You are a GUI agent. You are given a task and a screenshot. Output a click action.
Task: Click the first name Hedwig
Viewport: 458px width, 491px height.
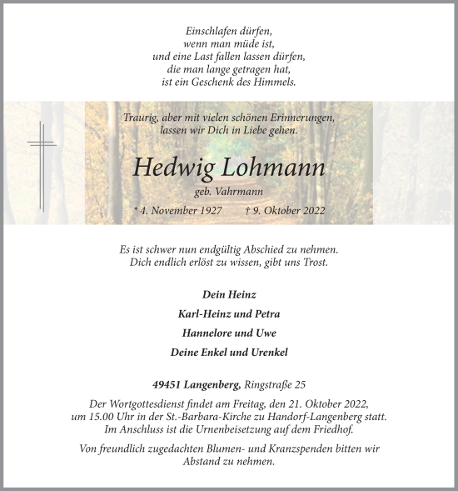[x=173, y=168]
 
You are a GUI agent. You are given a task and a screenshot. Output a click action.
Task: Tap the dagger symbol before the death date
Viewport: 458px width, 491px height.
[x=249, y=211]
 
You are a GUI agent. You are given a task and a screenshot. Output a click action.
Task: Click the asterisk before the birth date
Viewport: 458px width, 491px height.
[x=136, y=211]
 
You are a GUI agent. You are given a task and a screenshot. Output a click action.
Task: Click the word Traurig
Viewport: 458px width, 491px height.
[x=140, y=118]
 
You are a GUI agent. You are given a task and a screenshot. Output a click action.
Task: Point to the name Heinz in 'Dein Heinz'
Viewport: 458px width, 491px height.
[x=240, y=295]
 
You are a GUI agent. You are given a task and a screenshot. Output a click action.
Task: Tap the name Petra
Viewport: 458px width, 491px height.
[x=265, y=314]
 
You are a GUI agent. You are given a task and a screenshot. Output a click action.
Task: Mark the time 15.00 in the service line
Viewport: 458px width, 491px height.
[x=106, y=416]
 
